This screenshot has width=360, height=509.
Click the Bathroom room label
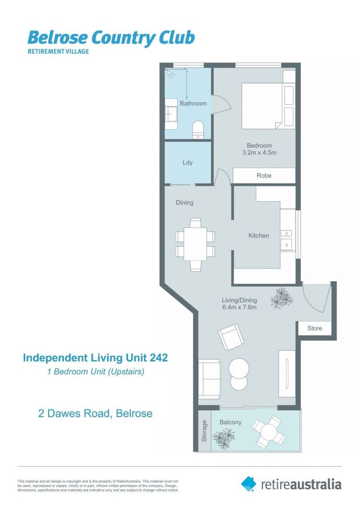193,103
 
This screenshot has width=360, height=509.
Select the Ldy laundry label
188,163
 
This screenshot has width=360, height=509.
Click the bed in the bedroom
263,106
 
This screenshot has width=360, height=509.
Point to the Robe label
264,175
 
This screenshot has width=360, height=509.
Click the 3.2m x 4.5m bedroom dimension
259,153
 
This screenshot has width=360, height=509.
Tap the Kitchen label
259,236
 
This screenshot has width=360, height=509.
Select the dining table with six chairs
195,244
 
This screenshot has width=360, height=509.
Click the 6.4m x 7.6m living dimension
239,308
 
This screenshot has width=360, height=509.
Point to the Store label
315,328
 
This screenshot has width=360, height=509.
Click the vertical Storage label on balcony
204,431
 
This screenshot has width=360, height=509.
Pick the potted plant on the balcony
223,439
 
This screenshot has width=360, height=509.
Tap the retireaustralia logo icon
248,484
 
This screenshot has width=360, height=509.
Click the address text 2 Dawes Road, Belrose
95,414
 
